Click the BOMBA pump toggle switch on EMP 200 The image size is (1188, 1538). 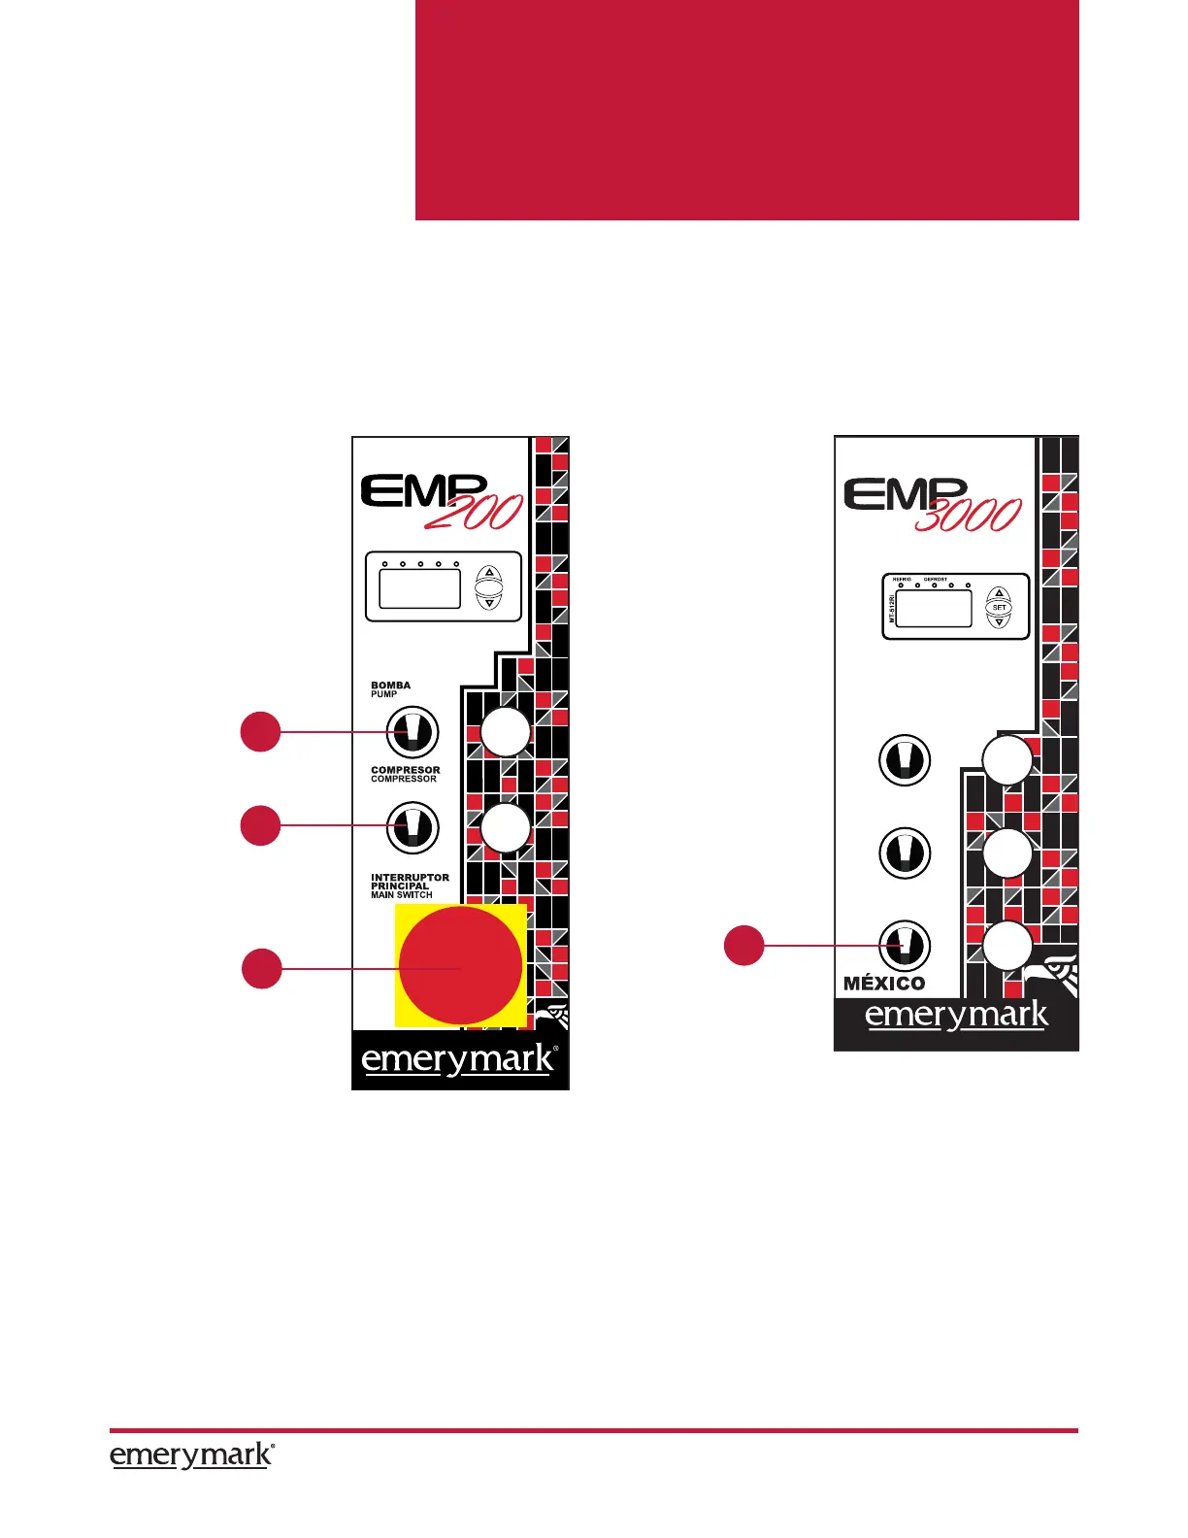coord(412,732)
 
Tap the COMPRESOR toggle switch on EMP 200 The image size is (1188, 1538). coord(412,826)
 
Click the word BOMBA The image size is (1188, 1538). coord(390,685)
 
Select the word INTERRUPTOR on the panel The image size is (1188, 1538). coord(410,877)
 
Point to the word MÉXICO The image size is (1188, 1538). coord(884,983)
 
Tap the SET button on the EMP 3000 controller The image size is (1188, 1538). coord(999,608)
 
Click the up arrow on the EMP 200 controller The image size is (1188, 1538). coord(489,573)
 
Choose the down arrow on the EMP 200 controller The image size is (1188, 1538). coord(489,603)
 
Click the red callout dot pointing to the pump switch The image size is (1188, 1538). coord(260,731)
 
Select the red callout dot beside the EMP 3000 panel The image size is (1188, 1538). coord(744,946)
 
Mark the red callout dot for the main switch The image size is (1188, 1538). coord(261,969)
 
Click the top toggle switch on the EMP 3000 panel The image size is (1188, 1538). coord(904,759)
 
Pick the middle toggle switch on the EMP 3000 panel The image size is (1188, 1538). coord(904,853)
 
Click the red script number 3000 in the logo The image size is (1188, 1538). coord(968,515)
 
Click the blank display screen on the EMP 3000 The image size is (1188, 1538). coord(933,609)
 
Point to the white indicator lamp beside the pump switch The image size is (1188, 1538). coord(506,732)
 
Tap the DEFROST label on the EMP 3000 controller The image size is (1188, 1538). coord(935,580)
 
